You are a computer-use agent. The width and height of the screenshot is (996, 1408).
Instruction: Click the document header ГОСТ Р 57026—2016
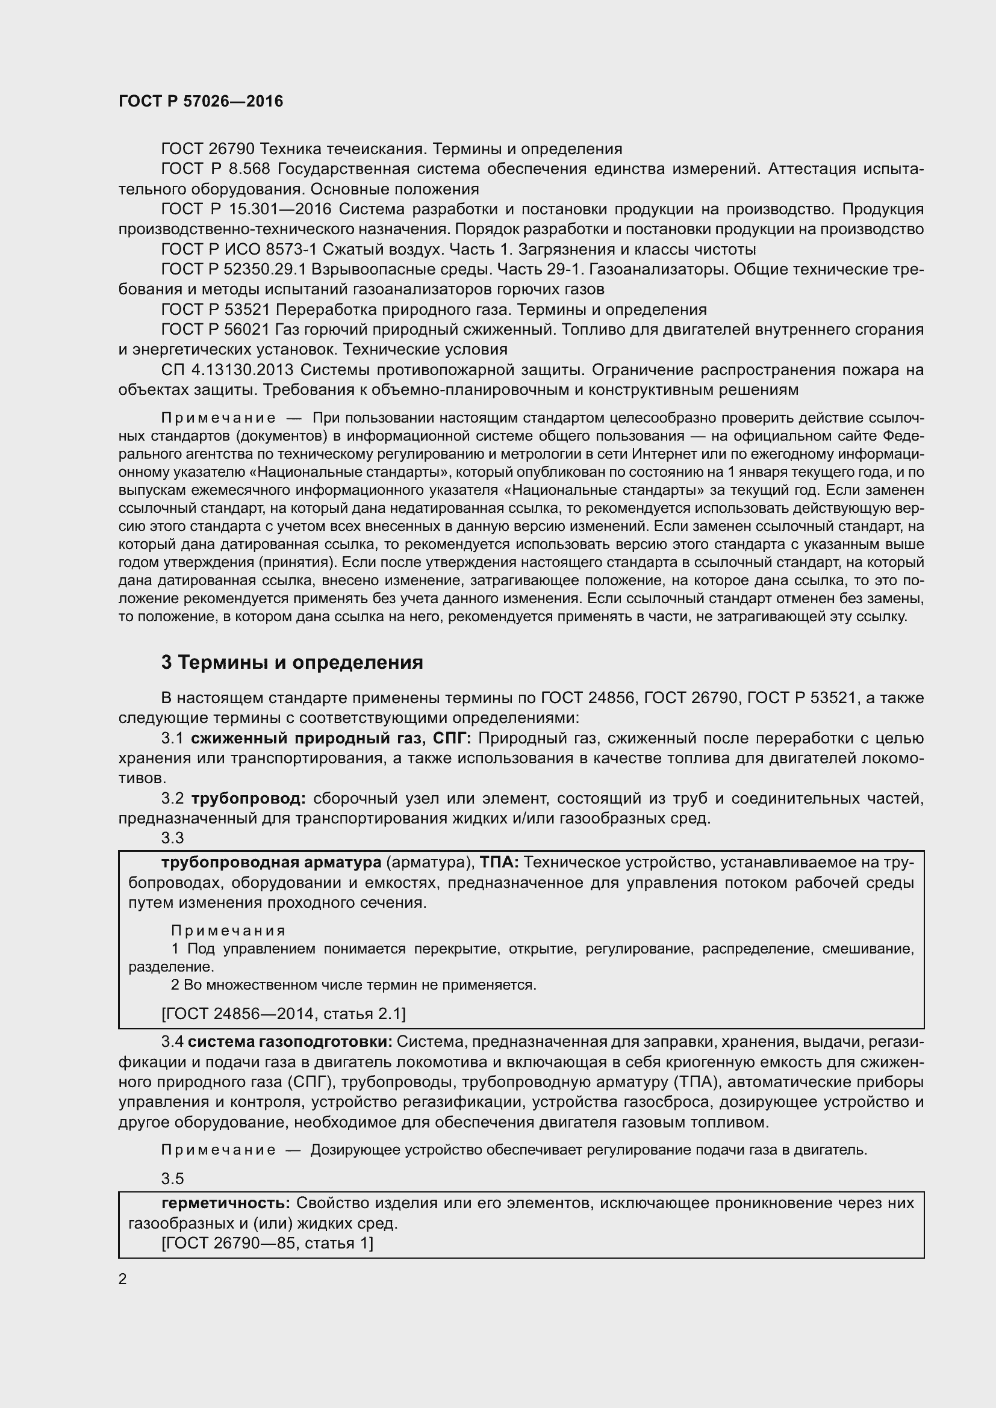click(x=201, y=101)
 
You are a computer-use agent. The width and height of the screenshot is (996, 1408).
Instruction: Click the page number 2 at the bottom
click(x=123, y=1279)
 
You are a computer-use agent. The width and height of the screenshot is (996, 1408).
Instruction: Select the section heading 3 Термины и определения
click(x=292, y=662)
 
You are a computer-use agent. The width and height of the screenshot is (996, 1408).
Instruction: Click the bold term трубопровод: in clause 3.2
click(x=248, y=798)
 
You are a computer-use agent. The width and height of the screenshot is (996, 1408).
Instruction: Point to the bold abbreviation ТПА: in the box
click(x=499, y=863)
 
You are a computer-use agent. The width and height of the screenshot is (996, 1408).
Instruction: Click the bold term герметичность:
click(x=225, y=1203)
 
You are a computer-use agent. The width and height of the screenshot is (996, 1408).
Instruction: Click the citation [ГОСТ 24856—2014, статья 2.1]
click(x=284, y=1014)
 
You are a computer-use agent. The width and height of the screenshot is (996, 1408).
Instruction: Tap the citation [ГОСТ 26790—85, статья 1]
click(x=267, y=1243)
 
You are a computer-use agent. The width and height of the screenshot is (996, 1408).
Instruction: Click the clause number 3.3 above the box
click(x=172, y=839)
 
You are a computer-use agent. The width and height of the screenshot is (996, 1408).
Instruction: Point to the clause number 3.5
click(x=172, y=1179)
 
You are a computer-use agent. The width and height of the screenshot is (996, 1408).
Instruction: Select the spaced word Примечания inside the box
click(x=228, y=931)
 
